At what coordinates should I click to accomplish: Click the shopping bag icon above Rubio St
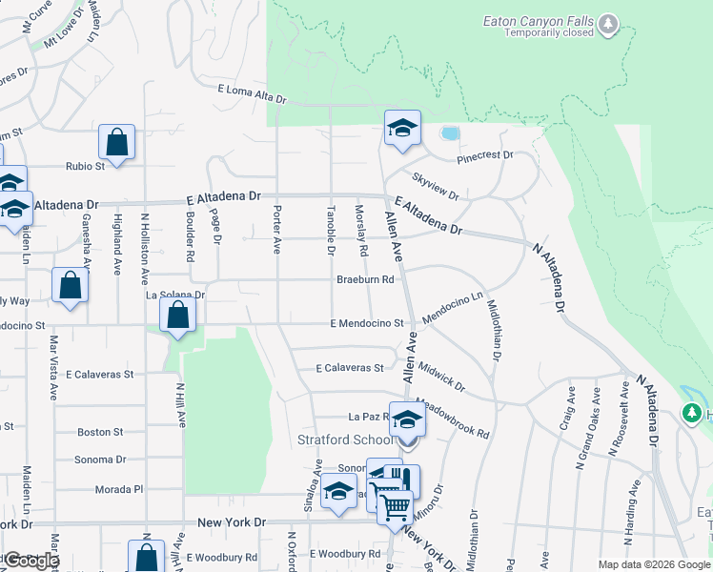coord(116,144)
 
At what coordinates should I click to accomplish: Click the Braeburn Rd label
coord(365,280)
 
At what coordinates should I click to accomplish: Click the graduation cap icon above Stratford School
coord(407,419)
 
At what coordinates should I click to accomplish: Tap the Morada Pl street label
coord(118,489)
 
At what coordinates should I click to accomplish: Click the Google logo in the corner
coord(31,561)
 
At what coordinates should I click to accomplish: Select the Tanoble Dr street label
coord(332,232)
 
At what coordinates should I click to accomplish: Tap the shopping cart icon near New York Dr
coord(396,505)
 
